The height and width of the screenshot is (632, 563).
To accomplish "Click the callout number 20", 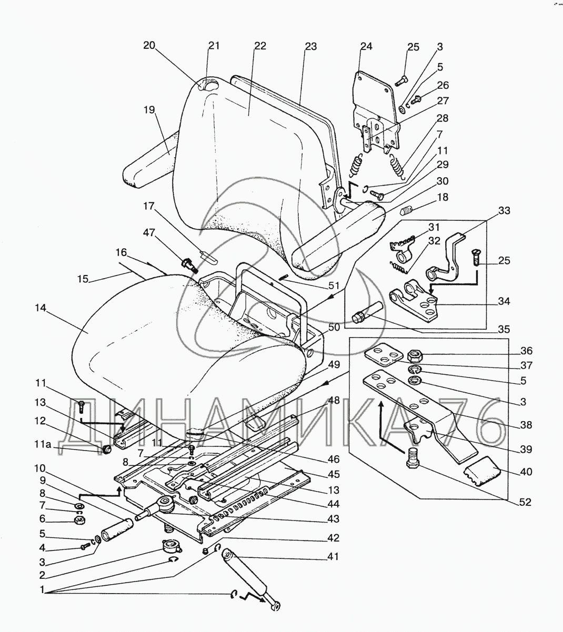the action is click(149, 45).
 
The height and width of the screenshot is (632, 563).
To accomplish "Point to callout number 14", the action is click(41, 308).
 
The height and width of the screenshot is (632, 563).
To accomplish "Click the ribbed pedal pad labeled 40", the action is click(483, 476).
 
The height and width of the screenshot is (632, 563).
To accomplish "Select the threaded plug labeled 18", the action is click(407, 210).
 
